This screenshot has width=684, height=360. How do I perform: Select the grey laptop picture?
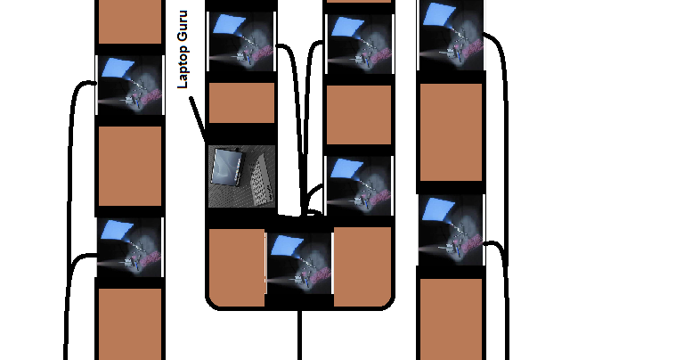coord(241,176)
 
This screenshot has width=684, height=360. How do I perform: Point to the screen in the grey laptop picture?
coord(226,167)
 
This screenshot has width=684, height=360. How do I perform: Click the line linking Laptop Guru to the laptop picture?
coord(198,120)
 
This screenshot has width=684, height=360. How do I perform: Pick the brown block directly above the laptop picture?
coord(241,103)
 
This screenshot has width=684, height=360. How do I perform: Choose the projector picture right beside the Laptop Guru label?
coord(241,42)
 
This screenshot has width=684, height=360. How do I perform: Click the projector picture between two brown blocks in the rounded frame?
coord(299,264)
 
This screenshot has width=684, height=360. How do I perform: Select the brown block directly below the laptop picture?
coord(237,267)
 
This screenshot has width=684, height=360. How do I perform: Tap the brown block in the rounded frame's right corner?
coord(362,266)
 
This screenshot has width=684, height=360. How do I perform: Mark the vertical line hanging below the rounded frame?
coord(299,335)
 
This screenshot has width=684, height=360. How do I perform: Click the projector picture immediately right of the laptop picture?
coord(360,185)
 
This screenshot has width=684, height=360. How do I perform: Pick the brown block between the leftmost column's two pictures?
coord(130,166)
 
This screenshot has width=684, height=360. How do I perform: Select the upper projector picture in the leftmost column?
coord(129,85)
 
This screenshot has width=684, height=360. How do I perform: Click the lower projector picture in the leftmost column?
coord(129,248)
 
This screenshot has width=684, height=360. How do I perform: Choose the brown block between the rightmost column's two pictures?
coord(451,132)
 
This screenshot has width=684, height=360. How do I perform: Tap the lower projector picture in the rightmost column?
coord(451,230)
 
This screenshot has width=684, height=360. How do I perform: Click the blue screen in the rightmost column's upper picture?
coord(440,14)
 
